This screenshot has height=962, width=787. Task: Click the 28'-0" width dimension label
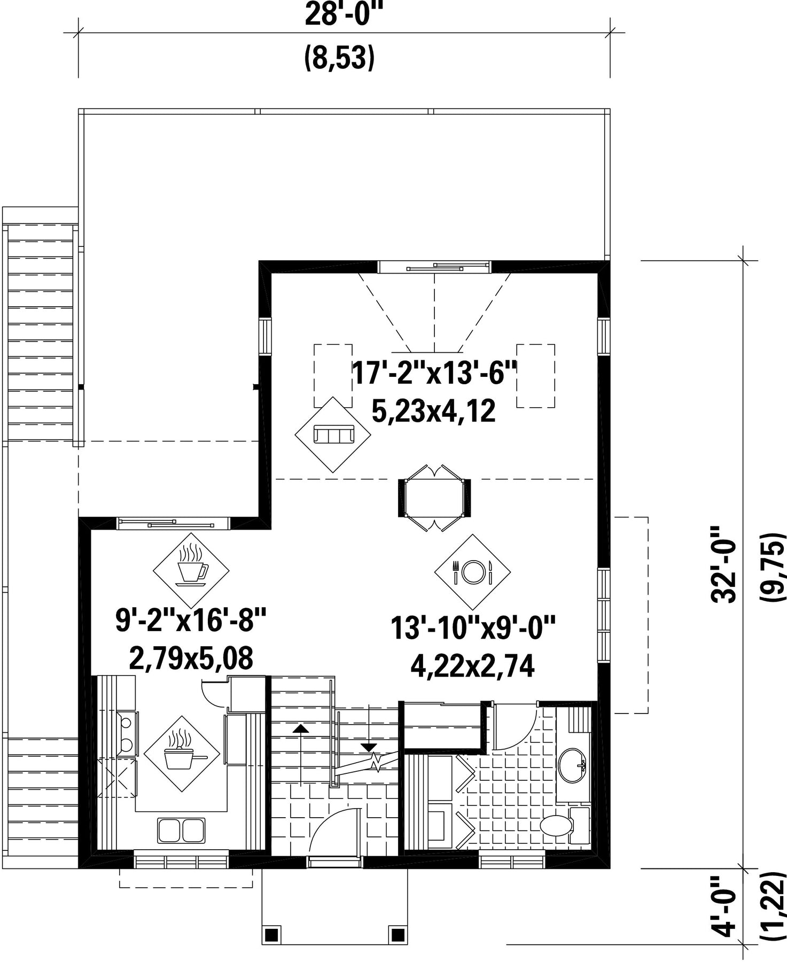(x=344, y=14)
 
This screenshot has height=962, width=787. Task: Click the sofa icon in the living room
(x=333, y=434)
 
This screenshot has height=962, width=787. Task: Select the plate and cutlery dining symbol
(x=472, y=572)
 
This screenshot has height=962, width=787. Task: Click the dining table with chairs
(x=434, y=498)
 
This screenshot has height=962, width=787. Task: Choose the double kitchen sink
(x=181, y=830)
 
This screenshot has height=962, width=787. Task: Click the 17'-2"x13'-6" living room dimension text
(x=434, y=373)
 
